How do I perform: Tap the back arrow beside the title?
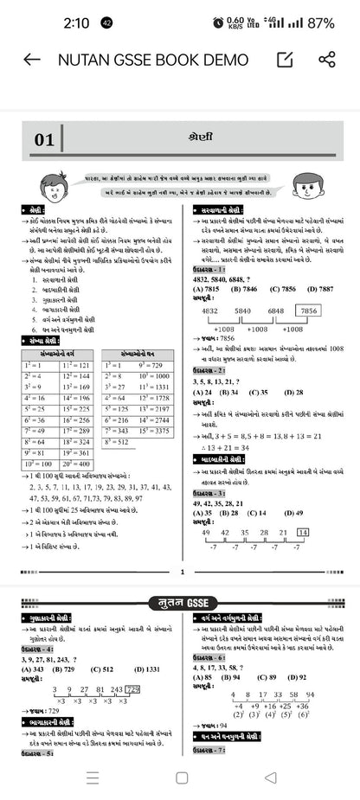coord(31,60)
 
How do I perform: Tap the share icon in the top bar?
coord(326,60)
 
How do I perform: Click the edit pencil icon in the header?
coord(284,60)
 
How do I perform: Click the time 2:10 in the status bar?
coord(76,22)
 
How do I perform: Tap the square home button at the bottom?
coord(181,777)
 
